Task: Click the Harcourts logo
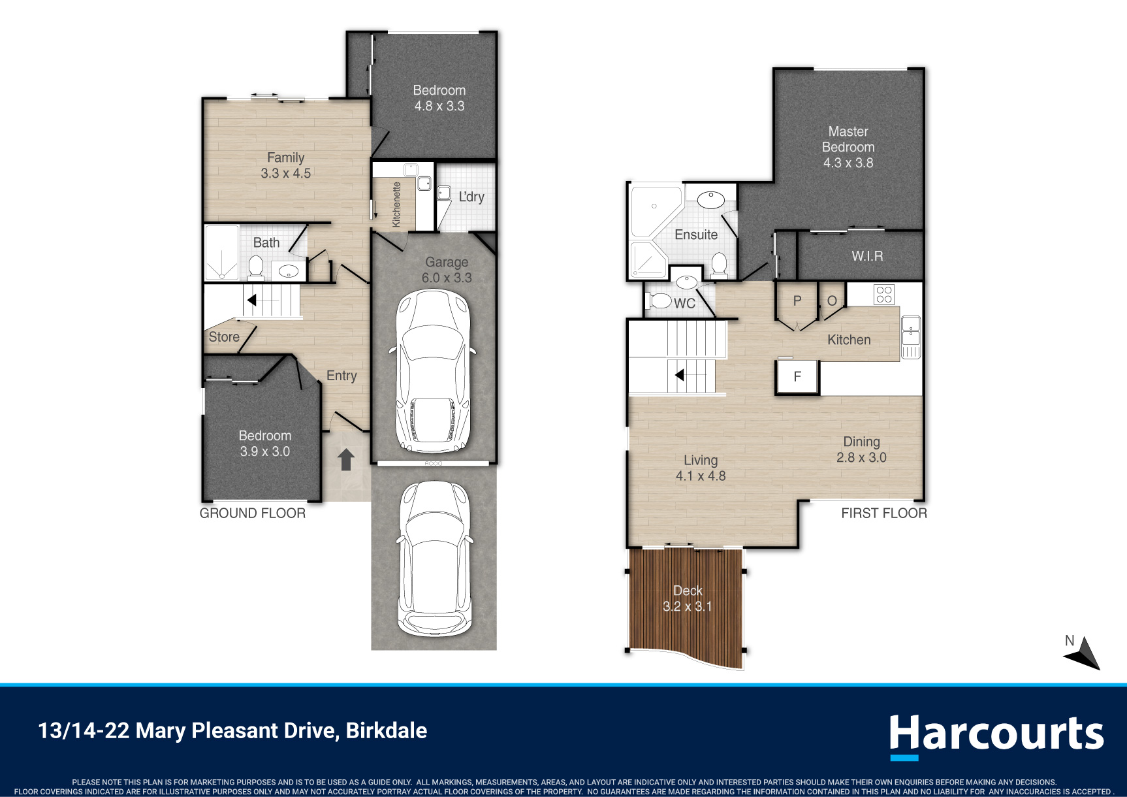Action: pos(996,736)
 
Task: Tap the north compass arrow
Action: pos(1085,655)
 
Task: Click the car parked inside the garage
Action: pos(434,370)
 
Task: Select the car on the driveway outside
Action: pos(434,559)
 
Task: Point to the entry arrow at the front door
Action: pos(346,459)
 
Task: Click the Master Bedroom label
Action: pos(848,147)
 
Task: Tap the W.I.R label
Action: pos(867,256)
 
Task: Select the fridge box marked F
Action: pos(797,377)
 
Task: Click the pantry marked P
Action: pos(797,302)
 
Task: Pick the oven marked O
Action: pos(832,301)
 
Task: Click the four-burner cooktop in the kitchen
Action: pos(884,295)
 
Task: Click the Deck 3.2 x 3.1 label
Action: pos(688,598)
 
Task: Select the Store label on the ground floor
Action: pos(224,337)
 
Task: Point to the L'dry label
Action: pos(471,197)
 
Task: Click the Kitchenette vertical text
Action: pos(396,204)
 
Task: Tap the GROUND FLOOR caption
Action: pos(253,513)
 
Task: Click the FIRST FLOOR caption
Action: pos(884,513)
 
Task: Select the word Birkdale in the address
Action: pos(387,730)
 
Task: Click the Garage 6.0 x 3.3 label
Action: pos(447,270)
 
